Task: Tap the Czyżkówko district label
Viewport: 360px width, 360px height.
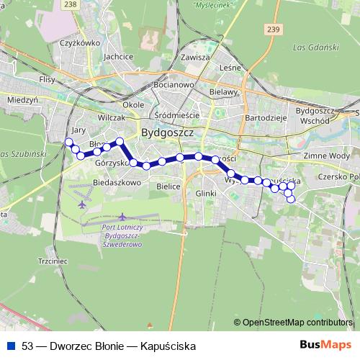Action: point(79,42)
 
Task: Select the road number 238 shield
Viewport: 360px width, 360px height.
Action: point(70,4)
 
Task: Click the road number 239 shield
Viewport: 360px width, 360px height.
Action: point(271,29)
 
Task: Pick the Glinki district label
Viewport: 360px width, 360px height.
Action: point(205,193)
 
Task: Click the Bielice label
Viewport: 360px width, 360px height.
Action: point(168,186)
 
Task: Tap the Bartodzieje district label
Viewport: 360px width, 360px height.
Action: point(266,117)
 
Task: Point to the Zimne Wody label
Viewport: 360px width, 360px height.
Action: point(327,156)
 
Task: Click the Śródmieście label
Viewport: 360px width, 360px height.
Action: point(176,114)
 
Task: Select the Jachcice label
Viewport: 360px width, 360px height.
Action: point(118,56)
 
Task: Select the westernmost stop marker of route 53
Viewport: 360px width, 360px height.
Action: point(68,142)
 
